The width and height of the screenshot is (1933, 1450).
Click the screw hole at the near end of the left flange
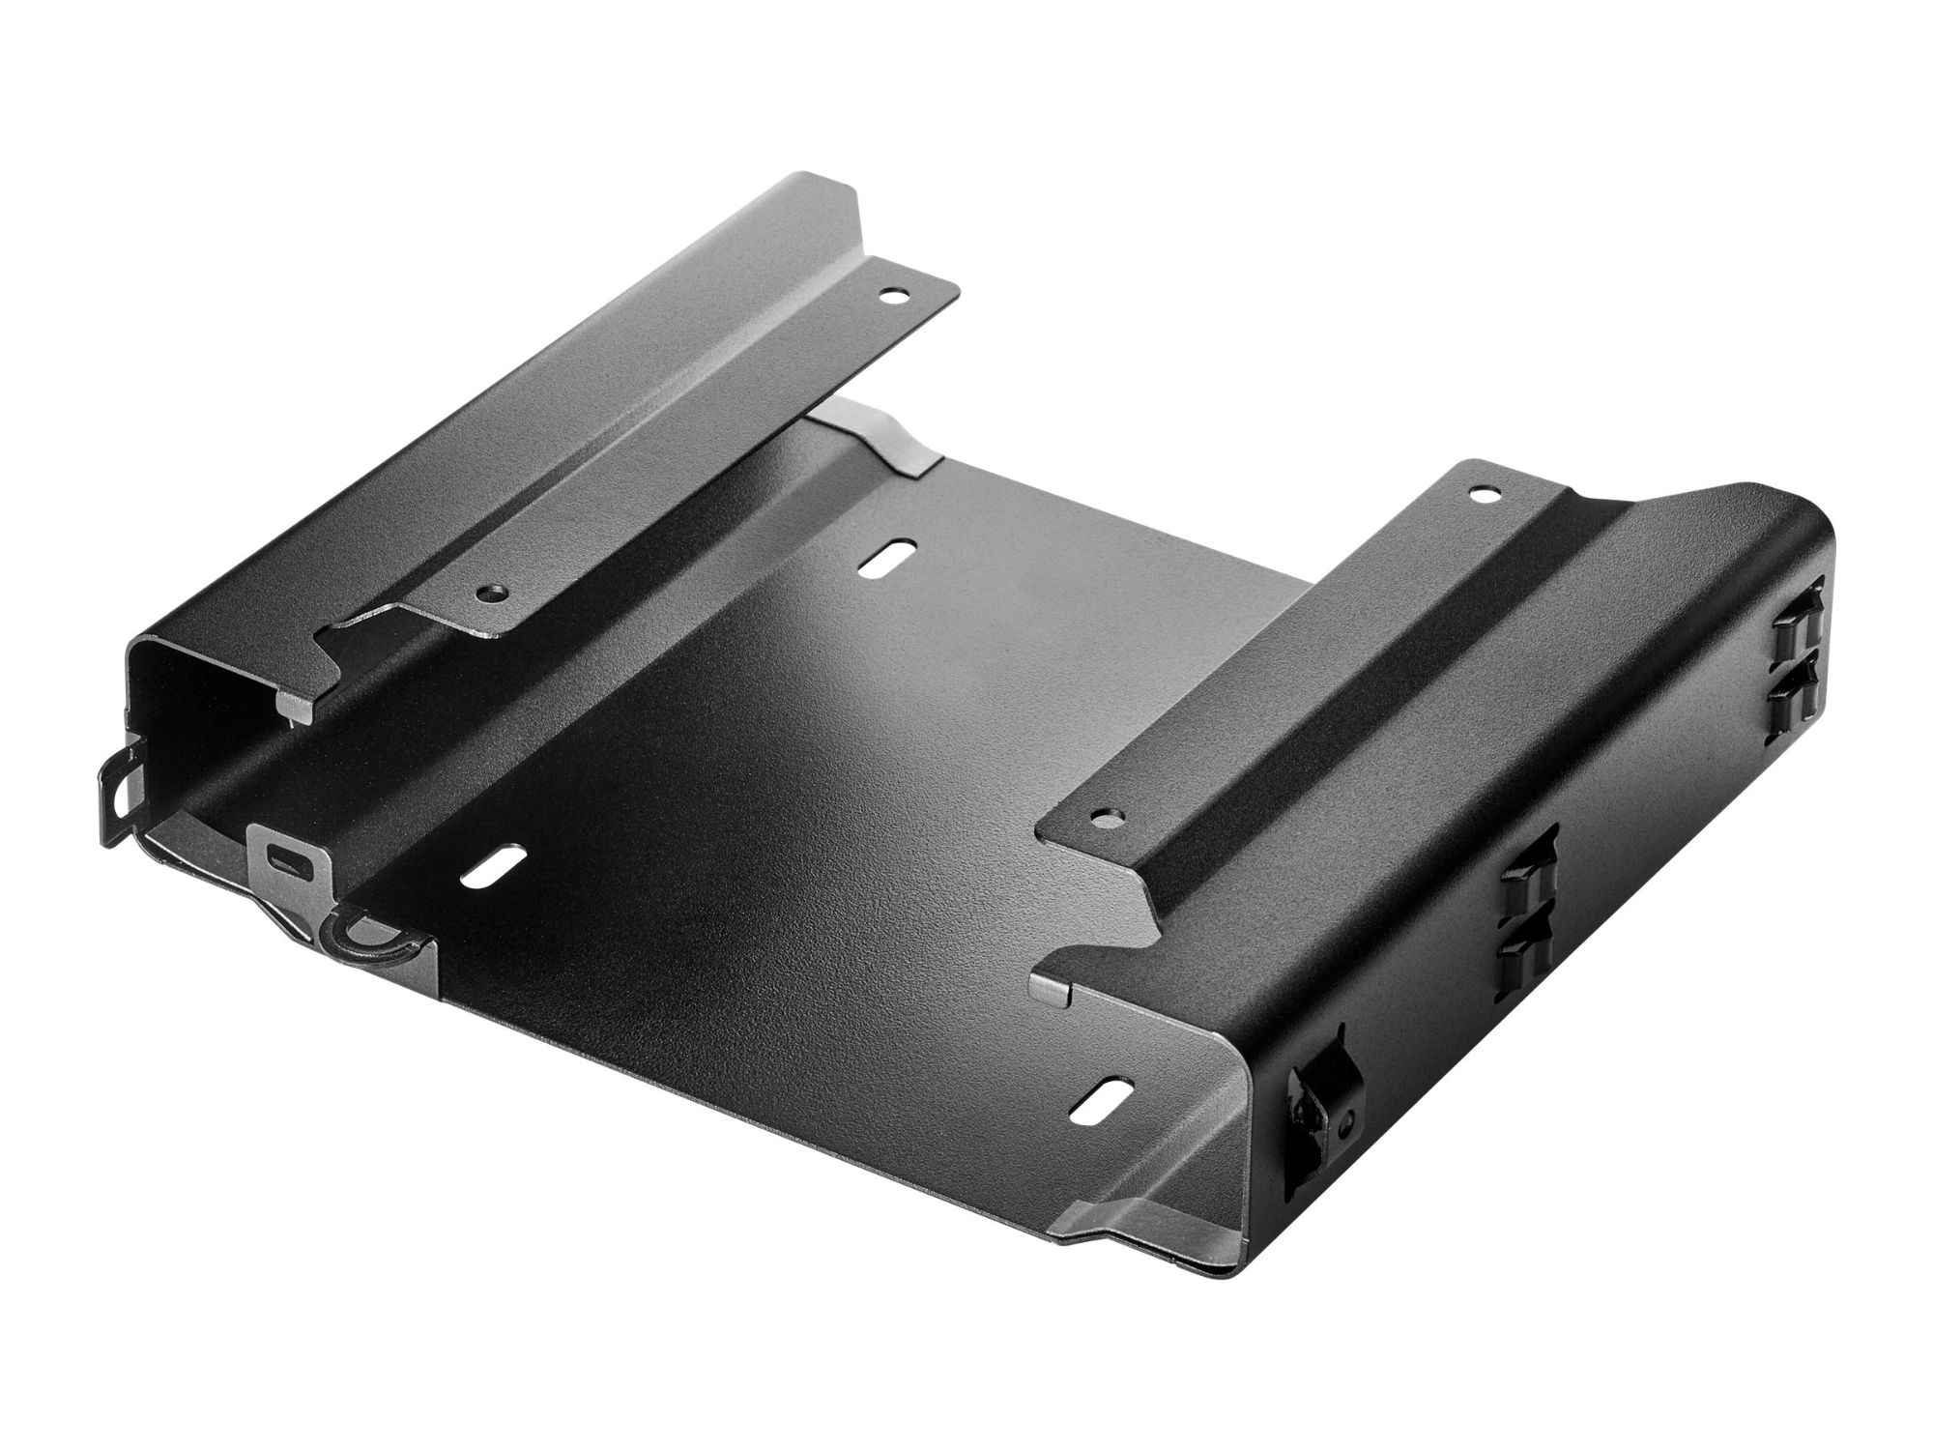[494, 590]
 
